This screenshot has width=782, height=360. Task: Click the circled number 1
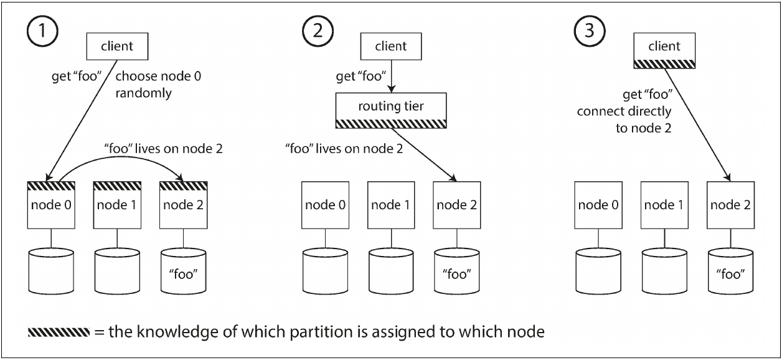pyautogui.click(x=42, y=31)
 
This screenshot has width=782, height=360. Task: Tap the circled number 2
pyautogui.click(x=318, y=31)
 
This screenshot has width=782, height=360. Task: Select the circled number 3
pyautogui.click(x=589, y=31)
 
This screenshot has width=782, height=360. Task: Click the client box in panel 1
pyautogui.click(x=117, y=47)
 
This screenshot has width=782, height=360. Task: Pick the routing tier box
pyautogui.click(x=391, y=110)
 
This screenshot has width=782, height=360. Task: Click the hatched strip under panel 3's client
pyautogui.click(x=664, y=64)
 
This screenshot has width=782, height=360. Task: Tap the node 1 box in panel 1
pyautogui.click(x=117, y=205)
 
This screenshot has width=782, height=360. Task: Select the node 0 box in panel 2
pyautogui.click(x=326, y=205)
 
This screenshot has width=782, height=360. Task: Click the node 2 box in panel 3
pyautogui.click(x=731, y=205)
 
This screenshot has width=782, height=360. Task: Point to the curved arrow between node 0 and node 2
pyautogui.click(x=120, y=157)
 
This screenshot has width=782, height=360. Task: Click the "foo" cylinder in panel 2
pyautogui.click(x=456, y=271)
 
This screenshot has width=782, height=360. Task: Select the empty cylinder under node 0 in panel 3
pyautogui.click(x=598, y=271)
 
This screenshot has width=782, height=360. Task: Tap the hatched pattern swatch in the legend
pyautogui.click(x=59, y=332)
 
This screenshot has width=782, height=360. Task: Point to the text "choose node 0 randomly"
pyautogui.click(x=158, y=85)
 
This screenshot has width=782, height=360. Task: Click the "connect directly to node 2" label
pyautogui.click(x=624, y=120)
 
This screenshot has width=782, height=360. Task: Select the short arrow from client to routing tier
pyautogui.click(x=392, y=76)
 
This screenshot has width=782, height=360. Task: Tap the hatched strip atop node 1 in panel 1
pyautogui.click(x=117, y=186)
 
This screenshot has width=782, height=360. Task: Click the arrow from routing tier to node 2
pyautogui.click(x=423, y=154)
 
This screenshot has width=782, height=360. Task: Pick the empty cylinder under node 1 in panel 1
pyautogui.click(x=117, y=271)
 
